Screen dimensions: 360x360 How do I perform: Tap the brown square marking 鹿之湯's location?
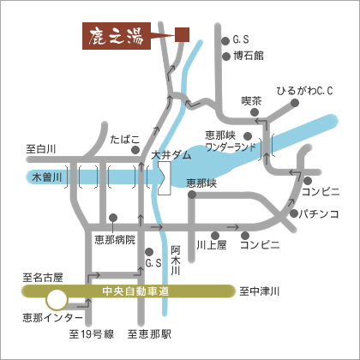pos(181,35)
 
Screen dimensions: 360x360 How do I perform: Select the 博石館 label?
pos(249,57)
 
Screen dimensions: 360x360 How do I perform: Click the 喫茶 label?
pos(251,101)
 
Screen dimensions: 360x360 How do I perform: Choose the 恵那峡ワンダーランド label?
pos(231,141)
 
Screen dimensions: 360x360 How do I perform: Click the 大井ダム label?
pos(171,156)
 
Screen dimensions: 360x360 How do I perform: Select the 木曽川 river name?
pos(43,177)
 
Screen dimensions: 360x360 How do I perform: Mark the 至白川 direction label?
pos(40,149)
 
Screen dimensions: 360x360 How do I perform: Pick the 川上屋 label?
pos(211,245)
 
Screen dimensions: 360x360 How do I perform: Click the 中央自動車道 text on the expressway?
pos(135,292)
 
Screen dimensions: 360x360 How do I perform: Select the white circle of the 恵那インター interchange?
pos(57,300)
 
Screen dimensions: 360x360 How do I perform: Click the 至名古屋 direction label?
pos(42,278)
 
